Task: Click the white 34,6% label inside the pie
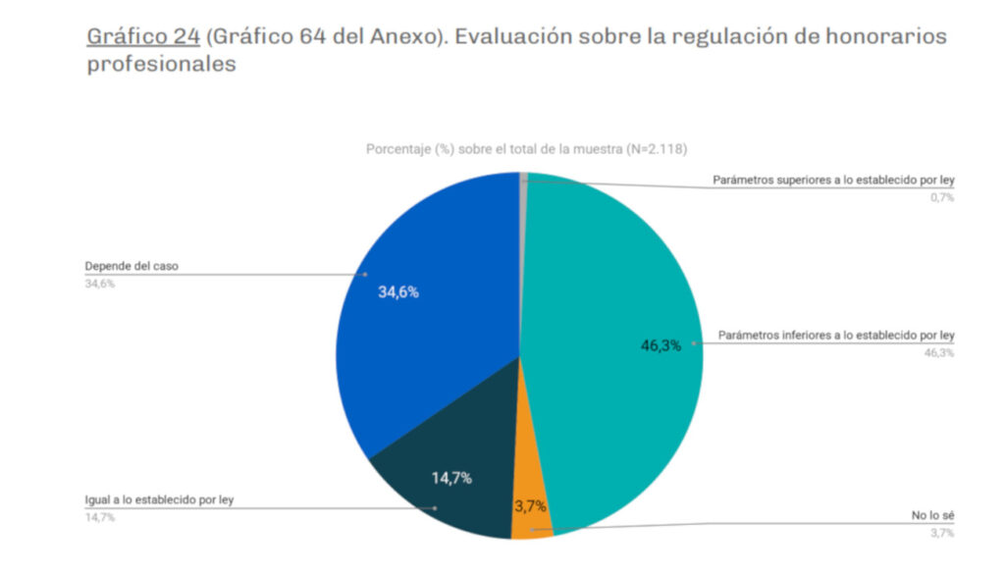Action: click(x=398, y=291)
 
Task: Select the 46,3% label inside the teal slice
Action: click(x=661, y=345)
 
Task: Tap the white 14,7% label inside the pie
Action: click(x=451, y=478)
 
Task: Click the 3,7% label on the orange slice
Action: click(x=531, y=506)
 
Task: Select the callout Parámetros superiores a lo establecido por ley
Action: click(x=833, y=182)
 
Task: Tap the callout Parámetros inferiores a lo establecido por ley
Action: click(x=836, y=336)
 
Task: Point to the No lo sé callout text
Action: click(x=932, y=516)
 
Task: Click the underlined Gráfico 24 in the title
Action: click(x=142, y=37)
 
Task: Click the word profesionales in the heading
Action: click(x=161, y=65)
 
